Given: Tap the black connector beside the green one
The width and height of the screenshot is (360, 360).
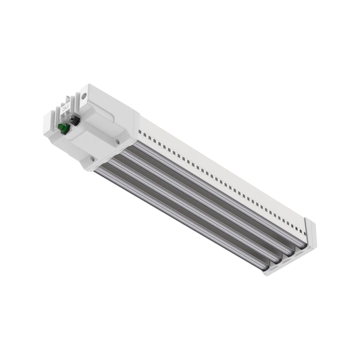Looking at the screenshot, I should (x=74, y=120).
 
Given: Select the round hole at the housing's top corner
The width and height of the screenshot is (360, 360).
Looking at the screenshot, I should (x=84, y=96).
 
